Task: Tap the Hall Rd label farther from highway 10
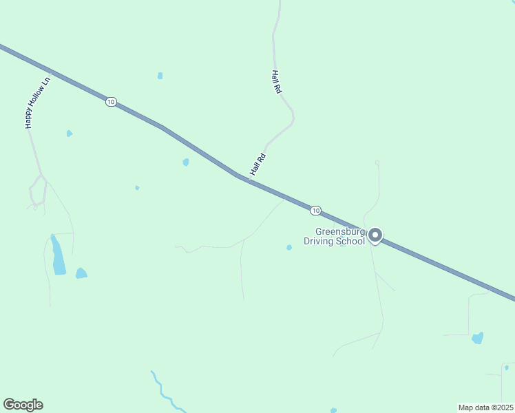coord(276,81)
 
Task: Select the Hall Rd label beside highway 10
coord(257,165)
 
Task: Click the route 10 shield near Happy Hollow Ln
coord(111,102)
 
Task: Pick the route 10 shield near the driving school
coord(315,210)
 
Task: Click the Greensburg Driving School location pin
coord(375,235)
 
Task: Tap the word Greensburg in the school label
coord(338,231)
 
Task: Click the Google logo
coord(23,405)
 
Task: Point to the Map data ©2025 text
coord(485,407)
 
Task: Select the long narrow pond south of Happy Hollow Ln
coord(58,255)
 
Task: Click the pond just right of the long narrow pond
coord(81,273)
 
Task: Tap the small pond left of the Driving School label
coord(289,247)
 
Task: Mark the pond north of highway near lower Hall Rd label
coord(186,162)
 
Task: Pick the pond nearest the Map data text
coord(477,337)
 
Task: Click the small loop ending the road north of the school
coord(377,162)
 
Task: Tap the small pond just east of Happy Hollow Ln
coord(70,133)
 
